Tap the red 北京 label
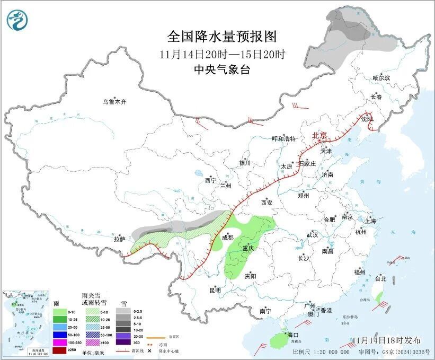click(x=320, y=135)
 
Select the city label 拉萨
click(x=119, y=239)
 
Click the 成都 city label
click(x=227, y=238)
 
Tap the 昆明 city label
click(x=215, y=290)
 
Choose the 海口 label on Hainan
click(x=293, y=335)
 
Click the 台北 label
click(x=380, y=278)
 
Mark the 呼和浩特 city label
click(x=283, y=138)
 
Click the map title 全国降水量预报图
click(x=222, y=37)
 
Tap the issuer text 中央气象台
click(x=222, y=69)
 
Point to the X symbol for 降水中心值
click(x=150, y=352)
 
